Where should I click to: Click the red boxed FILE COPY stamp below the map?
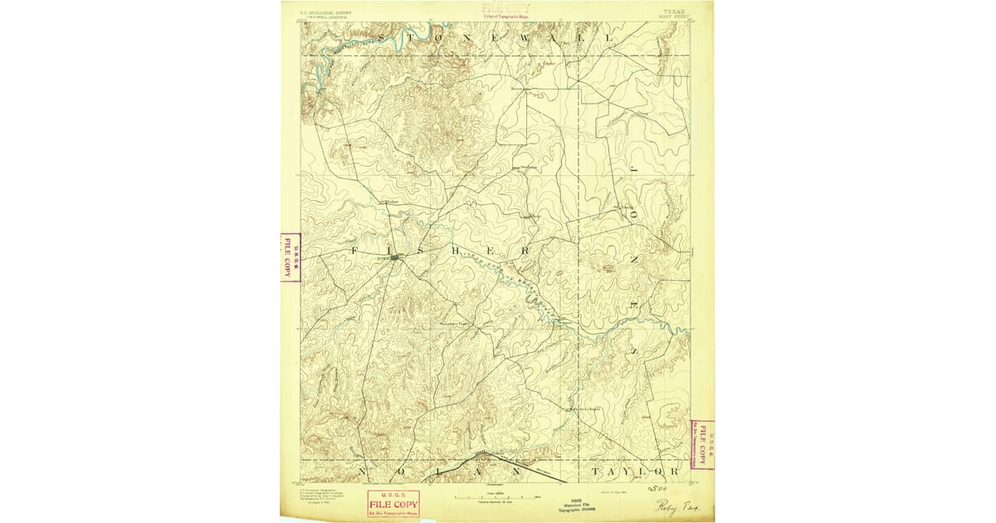(394, 505)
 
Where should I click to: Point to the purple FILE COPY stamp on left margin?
(289, 257)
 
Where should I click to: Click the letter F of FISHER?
(354, 250)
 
